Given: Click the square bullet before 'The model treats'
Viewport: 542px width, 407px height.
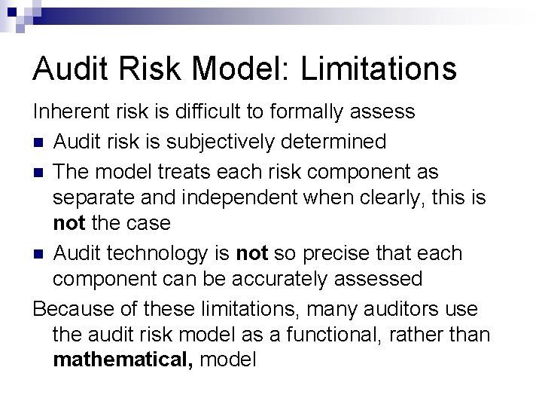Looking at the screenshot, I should tap(38, 172).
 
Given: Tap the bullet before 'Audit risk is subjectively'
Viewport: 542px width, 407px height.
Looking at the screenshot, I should tap(38, 142).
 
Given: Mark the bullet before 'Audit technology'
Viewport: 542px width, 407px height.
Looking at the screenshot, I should tap(38, 254).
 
